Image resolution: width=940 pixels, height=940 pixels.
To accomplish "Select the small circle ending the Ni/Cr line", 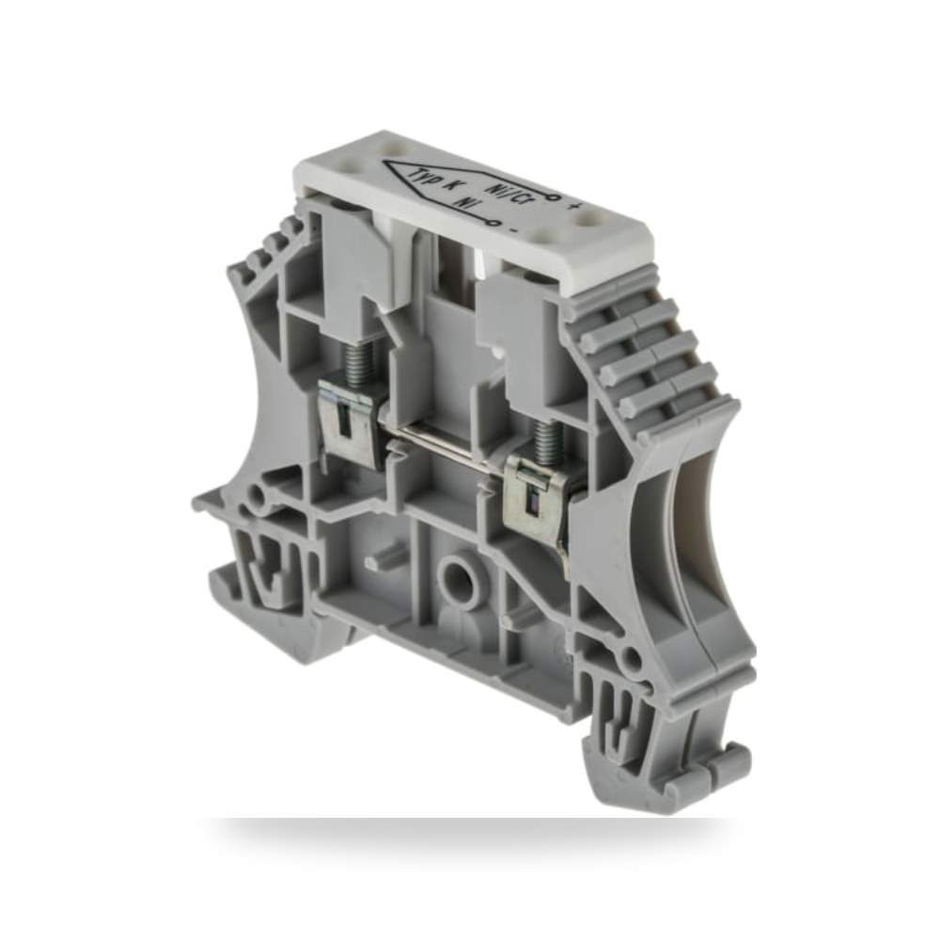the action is (556, 197).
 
